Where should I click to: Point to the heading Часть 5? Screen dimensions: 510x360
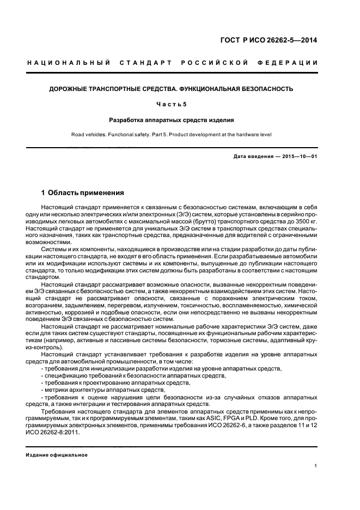tap(171, 104)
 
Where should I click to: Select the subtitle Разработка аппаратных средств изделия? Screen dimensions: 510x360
tap(171, 119)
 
